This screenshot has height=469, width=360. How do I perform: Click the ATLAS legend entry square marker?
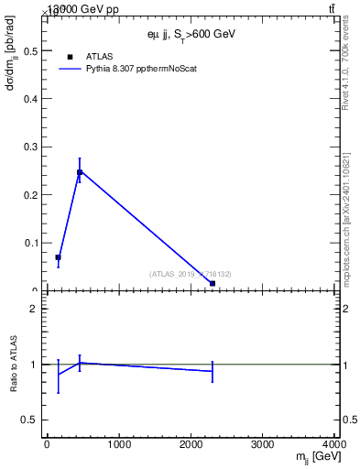coord(70,57)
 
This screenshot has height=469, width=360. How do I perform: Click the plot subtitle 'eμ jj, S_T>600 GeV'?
coord(191,34)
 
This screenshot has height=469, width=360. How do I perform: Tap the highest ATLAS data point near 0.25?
coord(80,172)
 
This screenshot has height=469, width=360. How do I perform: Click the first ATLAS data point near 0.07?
coord(58,257)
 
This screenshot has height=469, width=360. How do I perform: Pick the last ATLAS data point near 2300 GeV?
coord(213,283)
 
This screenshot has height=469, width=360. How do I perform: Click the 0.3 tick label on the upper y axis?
coord(32,147)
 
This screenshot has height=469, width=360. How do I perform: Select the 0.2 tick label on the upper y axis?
coord(32,194)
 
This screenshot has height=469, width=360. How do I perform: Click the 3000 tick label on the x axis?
coord(264,445)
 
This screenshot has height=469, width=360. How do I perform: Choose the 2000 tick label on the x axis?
coord(191,445)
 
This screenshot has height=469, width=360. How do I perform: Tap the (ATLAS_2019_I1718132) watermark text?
coord(191,274)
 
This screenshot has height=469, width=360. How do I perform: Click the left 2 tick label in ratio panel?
coord(34,309)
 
